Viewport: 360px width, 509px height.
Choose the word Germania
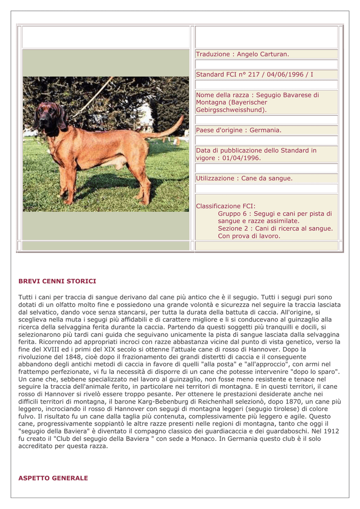tap(264, 130)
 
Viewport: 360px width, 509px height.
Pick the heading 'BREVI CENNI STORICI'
tap(57, 281)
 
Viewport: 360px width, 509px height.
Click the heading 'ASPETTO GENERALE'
tap(53, 478)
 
